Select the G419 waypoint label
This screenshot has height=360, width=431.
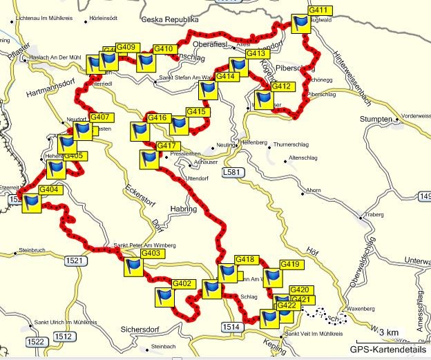coord(291,265)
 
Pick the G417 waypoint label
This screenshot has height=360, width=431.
coord(169,146)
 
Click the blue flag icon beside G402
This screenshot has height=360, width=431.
coord(164,298)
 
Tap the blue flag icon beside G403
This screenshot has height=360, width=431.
coord(133,267)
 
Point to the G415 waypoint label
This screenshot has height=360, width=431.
coord(198,112)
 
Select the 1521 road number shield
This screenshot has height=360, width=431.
coord(77,260)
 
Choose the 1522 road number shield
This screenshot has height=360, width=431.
coord(36,341)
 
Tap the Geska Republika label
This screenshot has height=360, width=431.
coord(170,21)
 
